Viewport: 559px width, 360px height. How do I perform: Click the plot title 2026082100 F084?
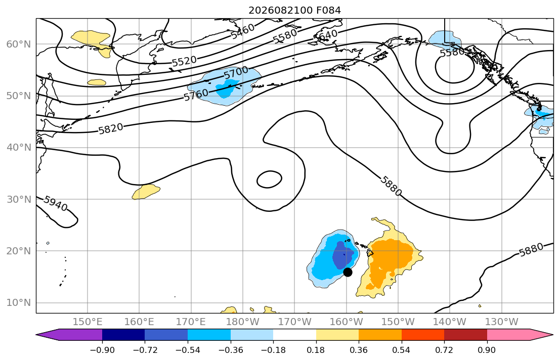point(294,10)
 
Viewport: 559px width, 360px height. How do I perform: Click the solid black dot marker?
point(348,273)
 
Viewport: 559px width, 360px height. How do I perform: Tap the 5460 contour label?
point(243,31)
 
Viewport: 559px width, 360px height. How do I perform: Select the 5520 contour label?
point(184,61)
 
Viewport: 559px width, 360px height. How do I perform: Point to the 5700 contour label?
point(236,73)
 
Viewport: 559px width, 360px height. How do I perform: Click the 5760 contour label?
point(196,95)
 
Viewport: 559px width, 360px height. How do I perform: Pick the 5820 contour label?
point(111,128)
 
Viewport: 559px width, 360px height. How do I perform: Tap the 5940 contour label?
point(56,204)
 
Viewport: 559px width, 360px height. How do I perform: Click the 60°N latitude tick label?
point(19,44)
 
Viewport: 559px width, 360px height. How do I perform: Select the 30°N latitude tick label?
point(19,199)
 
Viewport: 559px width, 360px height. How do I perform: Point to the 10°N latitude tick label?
point(19,303)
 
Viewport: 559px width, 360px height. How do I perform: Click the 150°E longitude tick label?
point(88,322)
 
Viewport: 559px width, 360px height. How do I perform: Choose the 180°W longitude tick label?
point(243,322)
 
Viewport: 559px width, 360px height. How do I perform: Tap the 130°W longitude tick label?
point(502,322)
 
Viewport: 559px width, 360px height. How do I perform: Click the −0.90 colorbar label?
point(102,350)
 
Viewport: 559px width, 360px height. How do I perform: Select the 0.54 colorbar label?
point(402,350)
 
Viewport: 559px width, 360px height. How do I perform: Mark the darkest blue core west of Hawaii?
point(342,255)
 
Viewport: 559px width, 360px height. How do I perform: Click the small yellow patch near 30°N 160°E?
point(146,192)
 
